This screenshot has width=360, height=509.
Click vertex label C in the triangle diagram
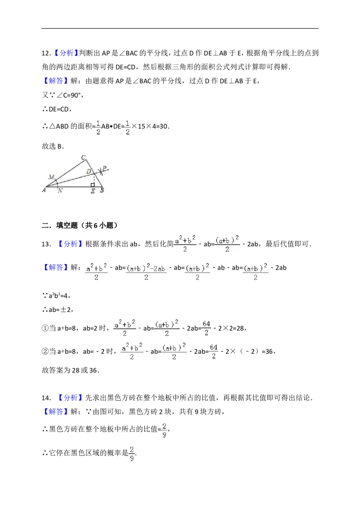(x=84, y=157)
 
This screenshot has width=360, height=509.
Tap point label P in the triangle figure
(x=104, y=168)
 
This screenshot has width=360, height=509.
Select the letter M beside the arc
(x=51, y=177)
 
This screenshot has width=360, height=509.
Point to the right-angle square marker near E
(x=93, y=185)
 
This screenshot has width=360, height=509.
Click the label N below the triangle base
(x=60, y=191)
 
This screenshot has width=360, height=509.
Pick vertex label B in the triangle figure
(x=102, y=191)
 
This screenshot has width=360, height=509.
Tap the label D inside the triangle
(x=88, y=171)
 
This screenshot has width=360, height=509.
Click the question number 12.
(x=46, y=54)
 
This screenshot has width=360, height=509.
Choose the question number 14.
(x=46, y=398)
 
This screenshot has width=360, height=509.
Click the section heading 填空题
(x=67, y=225)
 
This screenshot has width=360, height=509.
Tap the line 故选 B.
(x=53, y=147)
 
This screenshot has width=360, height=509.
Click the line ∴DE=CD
(x=57, y=109)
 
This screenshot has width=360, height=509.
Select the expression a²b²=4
(x=59, y=296)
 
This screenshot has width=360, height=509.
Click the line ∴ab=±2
(x=58, y=310)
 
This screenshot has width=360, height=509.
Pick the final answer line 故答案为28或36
(x=71, y=371)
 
